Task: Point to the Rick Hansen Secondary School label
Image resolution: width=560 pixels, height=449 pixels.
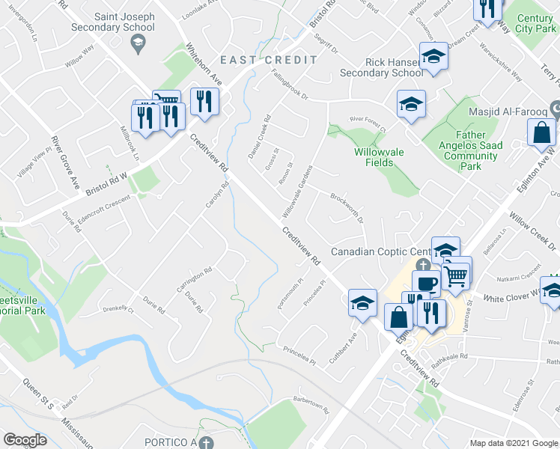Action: pos(381,67)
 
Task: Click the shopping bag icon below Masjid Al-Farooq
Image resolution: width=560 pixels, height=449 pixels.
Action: pos(541,133)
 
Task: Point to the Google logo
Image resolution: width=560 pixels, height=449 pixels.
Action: pos(25,440)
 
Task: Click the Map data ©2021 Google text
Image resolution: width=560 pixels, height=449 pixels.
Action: pos(514,443)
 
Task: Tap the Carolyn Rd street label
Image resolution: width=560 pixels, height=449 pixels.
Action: pos(216,195)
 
